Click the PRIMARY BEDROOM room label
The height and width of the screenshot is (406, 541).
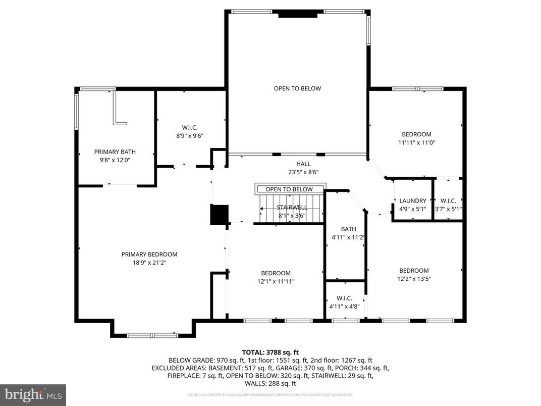coord(149,255)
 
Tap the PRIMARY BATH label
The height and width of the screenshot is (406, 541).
coord(115,151)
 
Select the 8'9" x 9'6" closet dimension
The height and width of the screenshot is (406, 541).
coord(190,135)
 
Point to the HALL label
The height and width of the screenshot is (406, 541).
coord(303,164)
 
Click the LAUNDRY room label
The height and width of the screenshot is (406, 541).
coord(413,200)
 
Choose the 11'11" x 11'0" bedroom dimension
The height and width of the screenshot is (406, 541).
coord(416,142)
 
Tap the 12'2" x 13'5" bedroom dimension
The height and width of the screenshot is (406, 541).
coord(414,279)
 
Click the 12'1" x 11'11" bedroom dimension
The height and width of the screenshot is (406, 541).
coord(276,282)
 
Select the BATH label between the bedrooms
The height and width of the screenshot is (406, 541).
coord(348,229)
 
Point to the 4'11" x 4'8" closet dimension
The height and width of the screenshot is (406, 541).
coord(344,306)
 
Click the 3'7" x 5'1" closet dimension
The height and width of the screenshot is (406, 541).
coord(448,209)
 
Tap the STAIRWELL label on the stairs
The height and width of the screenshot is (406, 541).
coord(292,207)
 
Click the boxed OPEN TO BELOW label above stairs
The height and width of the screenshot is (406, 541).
coord(289,189)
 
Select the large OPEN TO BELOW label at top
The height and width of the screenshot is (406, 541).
coord(297,88)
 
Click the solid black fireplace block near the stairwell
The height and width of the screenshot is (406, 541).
coord(220,215)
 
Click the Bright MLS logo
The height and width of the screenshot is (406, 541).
coord(33,393)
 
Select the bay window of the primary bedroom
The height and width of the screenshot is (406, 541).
coord(152,335)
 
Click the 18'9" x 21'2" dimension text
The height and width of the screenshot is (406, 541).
coord(149,263)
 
